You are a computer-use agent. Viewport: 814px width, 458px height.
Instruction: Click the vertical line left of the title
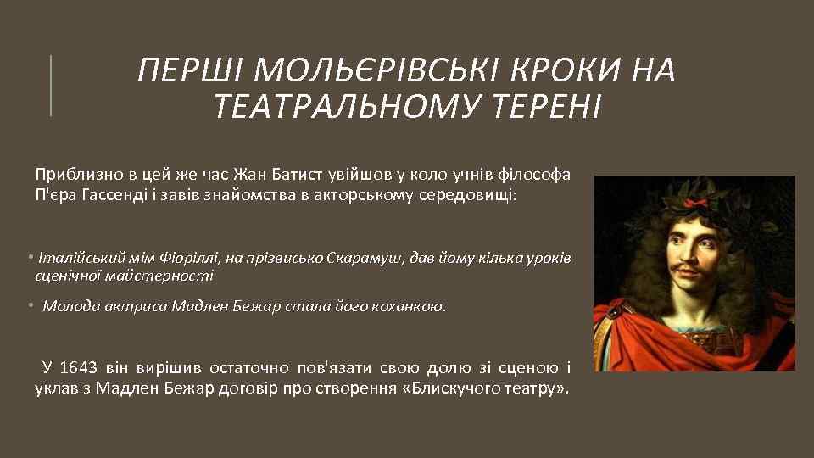51,85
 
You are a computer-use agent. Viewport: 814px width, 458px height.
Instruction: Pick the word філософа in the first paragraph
539,175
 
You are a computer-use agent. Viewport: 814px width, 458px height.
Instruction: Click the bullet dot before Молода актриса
29,305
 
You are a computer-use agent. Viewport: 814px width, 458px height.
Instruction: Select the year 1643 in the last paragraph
81,368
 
